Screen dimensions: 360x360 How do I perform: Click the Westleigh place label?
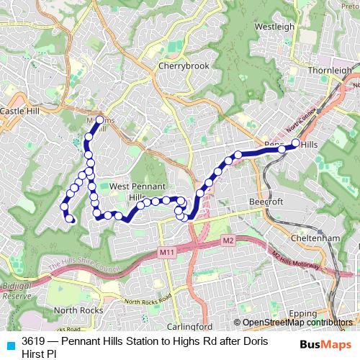tap(275, 27)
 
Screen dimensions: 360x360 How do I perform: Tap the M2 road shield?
tap(228, 239)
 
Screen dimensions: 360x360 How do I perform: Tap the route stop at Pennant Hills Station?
tap(294, 143)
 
